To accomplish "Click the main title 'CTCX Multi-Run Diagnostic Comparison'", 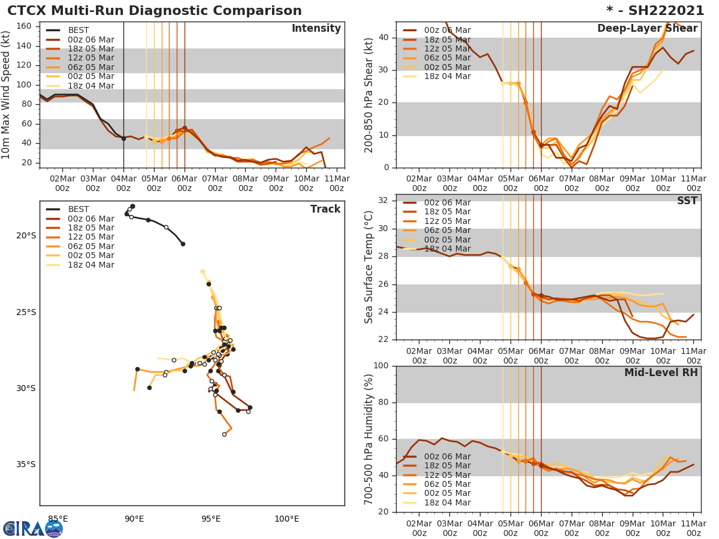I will pyautogui.click(x=155, y=11).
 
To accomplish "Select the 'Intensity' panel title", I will pyautogui.click(x=316, y=29).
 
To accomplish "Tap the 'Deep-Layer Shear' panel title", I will pyautogui.click(x=647, y=29).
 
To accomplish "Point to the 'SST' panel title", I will pyautogui.click(x=687, y=201).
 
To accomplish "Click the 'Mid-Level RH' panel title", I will pyautogui.click(x=661, y=373).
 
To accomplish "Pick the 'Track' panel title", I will pyautogui.click(x=325, y=209).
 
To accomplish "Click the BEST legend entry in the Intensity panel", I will pyautogui.click(x=78, y=30).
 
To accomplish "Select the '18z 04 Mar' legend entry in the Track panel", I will pyautogui.click(x=90, y=265).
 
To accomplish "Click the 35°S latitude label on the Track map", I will pyautogui.click(x=26, y=464).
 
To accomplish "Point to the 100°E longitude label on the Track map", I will pyautogui.click(x=286, y=519).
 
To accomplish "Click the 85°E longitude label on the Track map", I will pyautogui.click(x=58, y=519).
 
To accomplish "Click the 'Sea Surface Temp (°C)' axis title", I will pyautogui.click(x=369, y=267).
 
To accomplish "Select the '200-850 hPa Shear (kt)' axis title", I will pyautogui.click(x=369, y=95).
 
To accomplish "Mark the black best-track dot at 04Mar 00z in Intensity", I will pyautogui.click(x=123, y=138).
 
